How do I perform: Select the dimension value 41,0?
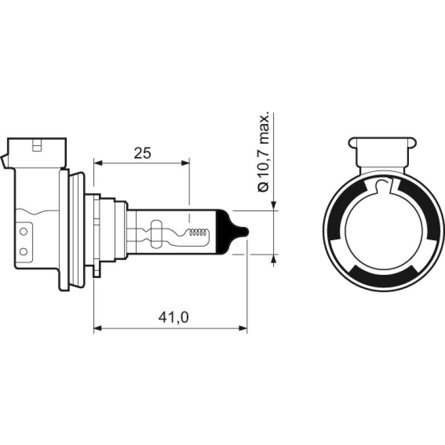[x=174, y=317]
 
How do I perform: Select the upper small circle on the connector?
[x=23, y=230]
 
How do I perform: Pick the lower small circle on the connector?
[x=23, y=251]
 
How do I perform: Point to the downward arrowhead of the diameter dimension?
[x=274, y=206]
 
